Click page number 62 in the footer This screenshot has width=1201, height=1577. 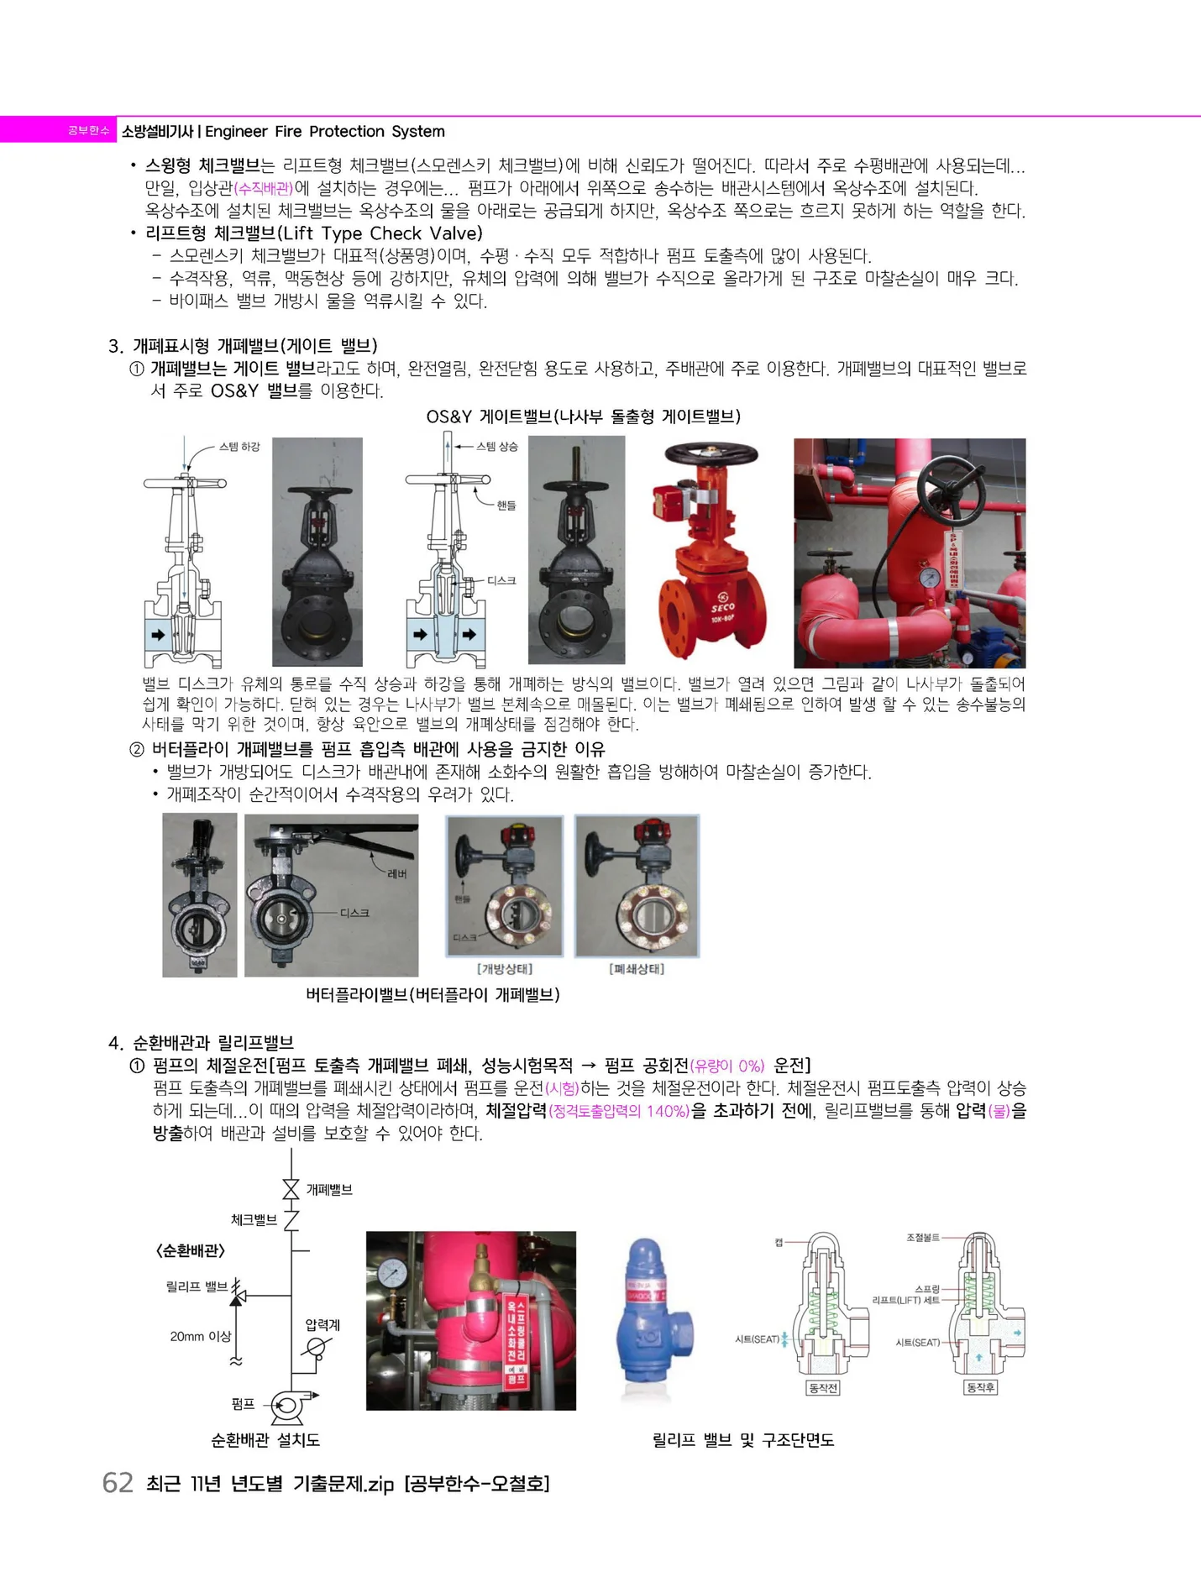118,1483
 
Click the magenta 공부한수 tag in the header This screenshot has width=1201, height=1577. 88,131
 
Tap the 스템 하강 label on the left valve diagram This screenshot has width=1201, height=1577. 239,447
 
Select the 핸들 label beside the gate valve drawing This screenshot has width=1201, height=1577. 506,506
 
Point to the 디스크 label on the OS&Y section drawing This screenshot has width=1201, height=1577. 501,580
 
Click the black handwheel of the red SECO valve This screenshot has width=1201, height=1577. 711,454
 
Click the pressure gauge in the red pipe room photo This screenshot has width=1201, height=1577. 930,577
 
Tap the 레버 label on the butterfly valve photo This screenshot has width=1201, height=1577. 397,873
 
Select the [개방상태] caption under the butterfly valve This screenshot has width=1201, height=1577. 505,969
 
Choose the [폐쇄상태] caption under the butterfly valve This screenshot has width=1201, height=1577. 637,969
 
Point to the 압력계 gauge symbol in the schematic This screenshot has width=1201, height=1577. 317,1349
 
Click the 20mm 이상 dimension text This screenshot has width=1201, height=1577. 200,1336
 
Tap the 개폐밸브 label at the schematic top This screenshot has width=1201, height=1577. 329,1190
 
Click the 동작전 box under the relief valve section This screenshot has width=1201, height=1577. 822,1388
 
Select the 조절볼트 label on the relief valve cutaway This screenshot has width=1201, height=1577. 922,1238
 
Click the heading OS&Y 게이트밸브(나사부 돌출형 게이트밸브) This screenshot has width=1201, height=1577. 583,417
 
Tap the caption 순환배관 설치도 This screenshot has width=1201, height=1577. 265,1440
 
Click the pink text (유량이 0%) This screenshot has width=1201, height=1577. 727,1066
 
